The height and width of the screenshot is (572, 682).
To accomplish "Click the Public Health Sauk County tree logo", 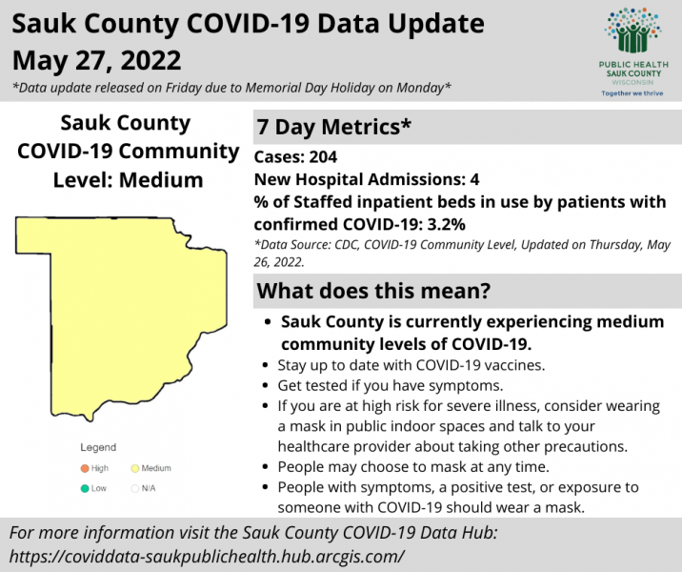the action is (632, 31).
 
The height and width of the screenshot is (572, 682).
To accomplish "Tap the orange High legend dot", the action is (85, 468).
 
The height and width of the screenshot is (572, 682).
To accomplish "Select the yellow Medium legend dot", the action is (135, 468).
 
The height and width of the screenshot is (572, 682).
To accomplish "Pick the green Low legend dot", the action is (85, 488).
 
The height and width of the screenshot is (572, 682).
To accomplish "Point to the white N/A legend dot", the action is (135, 488).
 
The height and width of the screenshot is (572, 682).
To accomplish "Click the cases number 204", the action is (323, 156).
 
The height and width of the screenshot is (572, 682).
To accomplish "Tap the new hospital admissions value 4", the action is (474, 179).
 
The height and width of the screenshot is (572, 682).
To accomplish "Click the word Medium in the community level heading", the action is (161, 180).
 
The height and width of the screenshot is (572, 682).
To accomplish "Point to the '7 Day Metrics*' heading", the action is (333, 127).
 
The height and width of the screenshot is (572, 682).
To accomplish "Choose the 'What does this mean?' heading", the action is (373, 291).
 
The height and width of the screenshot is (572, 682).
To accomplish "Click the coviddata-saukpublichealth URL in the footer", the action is (207, 557).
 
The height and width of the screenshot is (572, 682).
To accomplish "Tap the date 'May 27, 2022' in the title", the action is (96, 60).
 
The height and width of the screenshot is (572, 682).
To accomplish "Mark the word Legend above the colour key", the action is (98, 447).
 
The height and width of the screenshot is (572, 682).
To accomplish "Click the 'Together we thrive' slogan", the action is (632, 93).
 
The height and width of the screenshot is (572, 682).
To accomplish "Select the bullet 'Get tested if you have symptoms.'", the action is (391, 385).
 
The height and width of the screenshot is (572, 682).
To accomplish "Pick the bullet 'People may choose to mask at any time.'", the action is (413, 466).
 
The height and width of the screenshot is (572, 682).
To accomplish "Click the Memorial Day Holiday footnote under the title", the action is (231, 88).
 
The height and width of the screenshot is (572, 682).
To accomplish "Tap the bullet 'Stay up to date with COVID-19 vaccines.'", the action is (411, 365).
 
